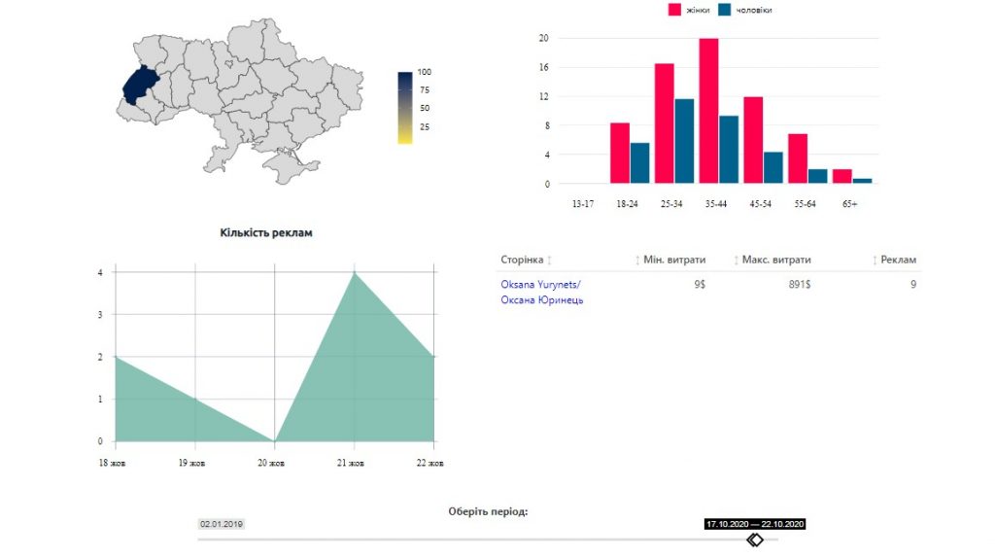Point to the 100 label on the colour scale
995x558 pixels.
(x=424, y=72)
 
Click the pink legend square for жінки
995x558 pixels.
(x=674, y=10)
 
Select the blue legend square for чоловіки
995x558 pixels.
(x=724, y=10)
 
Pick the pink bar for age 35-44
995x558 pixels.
(x=708, y=111)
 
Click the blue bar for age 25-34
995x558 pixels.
(x=684, y=141)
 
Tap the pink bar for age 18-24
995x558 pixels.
(x=620, y=153)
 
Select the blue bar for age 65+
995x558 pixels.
(x=862, y=181)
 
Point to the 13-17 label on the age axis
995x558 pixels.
(x=583, y=204)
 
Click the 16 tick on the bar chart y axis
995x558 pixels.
(x=543, y=67)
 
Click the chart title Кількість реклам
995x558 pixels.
(x=266, y=233)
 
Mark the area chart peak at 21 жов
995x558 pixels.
(x=354, y=272)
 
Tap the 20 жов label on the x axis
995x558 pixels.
(x=271, y=463)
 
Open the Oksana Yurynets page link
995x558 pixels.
(x=541, y=292)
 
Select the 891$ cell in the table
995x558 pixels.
(x=800, y=285)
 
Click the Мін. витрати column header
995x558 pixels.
(x=674, y=260)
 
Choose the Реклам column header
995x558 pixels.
(x=898, y=260)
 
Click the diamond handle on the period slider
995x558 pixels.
(x=754, y=540)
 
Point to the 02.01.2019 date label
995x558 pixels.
(x=222, y=524)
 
